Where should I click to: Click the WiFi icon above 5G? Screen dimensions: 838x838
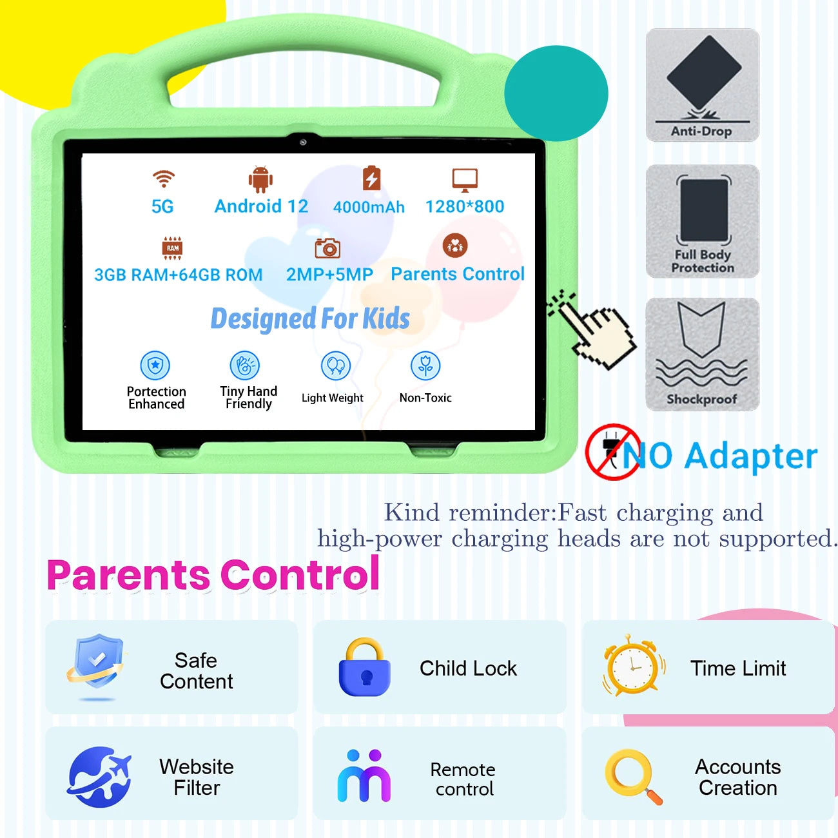164,179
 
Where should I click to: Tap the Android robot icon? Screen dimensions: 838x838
260,179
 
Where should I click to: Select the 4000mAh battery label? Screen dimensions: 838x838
369,207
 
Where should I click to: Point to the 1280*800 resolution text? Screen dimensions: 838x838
464,206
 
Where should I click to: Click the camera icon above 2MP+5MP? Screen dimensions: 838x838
327,248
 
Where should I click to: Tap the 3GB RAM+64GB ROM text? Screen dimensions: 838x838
179,275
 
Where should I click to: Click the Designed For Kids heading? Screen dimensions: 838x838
310,318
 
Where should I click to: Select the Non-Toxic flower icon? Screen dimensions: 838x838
425,366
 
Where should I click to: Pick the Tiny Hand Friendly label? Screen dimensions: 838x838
249,397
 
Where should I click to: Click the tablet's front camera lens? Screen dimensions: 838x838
303,142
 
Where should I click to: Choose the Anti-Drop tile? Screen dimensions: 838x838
703,85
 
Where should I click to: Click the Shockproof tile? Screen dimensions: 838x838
703,354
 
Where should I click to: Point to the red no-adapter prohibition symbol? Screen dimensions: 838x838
612,452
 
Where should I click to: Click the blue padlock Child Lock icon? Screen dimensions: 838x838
365,668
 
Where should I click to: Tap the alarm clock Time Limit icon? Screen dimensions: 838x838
633,666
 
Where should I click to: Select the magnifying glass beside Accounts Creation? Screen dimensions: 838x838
633,775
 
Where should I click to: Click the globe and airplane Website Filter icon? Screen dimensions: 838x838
99,777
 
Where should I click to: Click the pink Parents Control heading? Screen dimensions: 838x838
213,575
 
